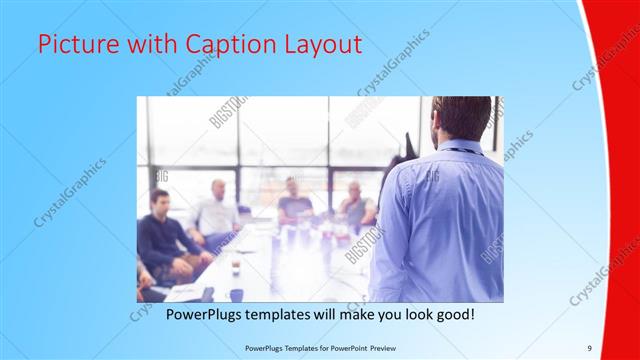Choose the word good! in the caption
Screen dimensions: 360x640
451,315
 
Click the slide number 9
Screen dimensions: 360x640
589,348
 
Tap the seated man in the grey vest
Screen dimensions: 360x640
356,205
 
